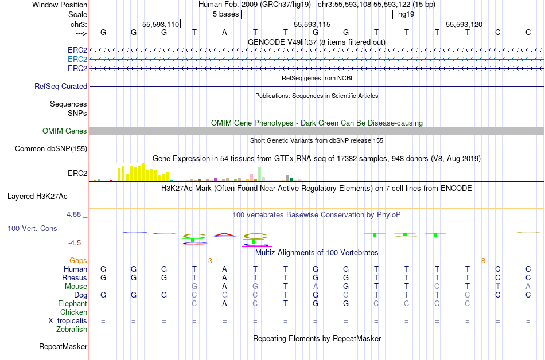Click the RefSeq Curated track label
coord(61,86)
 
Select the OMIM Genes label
coord(65,131)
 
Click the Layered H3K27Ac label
coord(37,196)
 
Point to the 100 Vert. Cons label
coord(32,228)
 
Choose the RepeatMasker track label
coord(63,346)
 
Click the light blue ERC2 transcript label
coord(77,59)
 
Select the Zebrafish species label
coord(72,329)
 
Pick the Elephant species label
coord(72,303)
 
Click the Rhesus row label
coord(75,277)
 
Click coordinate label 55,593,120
coord(464,24)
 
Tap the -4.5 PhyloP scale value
coord(75,243)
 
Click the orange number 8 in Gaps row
coord(483,260)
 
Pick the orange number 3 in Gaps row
coord(210,260)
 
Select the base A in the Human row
coord(224,269)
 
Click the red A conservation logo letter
coord(224,234)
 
